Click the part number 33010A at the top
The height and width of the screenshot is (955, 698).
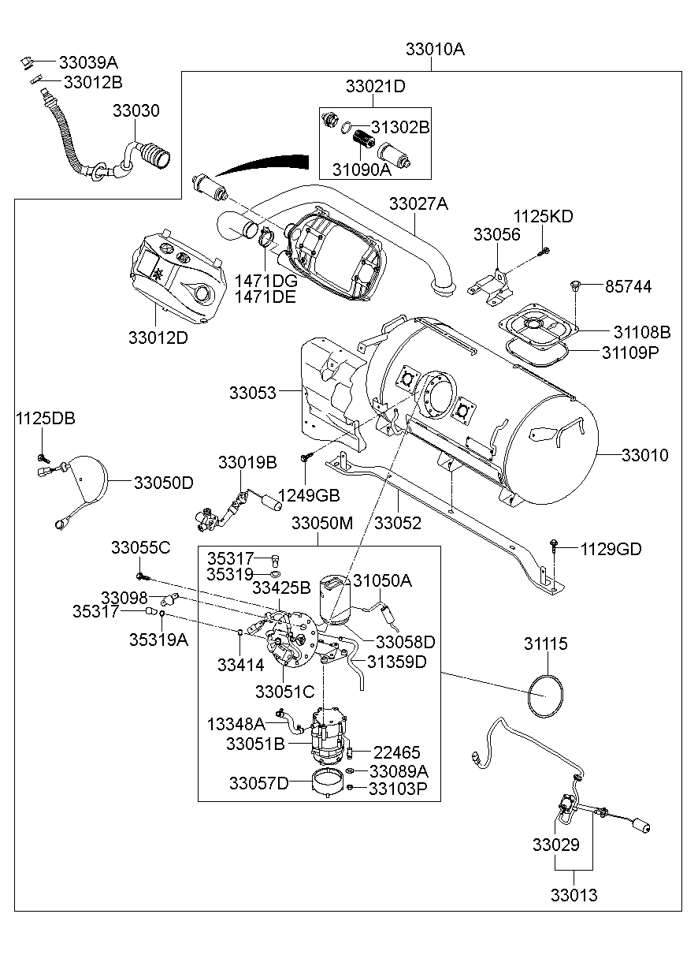(x=435, y=49)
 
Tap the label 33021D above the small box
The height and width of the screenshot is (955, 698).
(x=375, y=87)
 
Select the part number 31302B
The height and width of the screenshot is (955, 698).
(x=400, y=127)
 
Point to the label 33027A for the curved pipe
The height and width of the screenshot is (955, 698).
(x=418, y=204)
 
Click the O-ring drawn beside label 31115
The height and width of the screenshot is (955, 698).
(x=545, y=695)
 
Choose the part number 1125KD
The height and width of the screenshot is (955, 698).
(x=544, y=216)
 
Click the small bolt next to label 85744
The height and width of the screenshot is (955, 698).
(x=574, y=285)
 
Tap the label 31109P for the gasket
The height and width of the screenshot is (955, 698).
(x=630, y=352)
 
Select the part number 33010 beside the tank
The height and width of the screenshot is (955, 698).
(x=644, y=455)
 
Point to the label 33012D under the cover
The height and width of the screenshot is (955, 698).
(x=158, y=337)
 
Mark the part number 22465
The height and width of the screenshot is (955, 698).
(x=396, y=752)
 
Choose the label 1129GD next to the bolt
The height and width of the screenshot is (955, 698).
(x=611, y=549)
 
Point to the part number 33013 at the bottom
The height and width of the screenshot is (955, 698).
(x=574, y=895)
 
